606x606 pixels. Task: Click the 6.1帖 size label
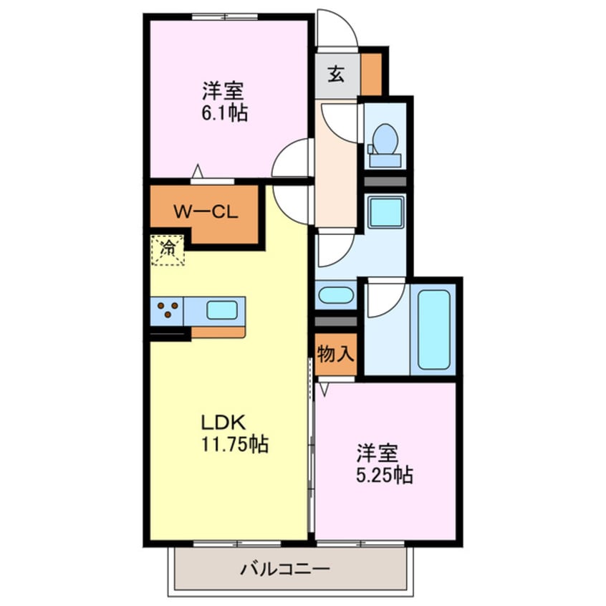click(223, 113)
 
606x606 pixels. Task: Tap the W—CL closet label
click(202, 212)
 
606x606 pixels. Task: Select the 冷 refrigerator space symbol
click(168, 250)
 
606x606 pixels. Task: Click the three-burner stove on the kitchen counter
click(168, 310)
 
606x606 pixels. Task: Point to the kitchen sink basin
click(222, 310)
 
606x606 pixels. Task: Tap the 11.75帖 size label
click(234, 444)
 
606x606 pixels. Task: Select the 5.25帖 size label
click(384, 475)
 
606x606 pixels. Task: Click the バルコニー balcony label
click(285, 570)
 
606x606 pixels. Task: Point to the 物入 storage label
click(335, 354)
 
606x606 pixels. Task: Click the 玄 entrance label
click(336, 73)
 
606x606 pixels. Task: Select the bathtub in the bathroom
click(434, 327)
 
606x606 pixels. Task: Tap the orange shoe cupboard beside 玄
click(371, 73)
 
